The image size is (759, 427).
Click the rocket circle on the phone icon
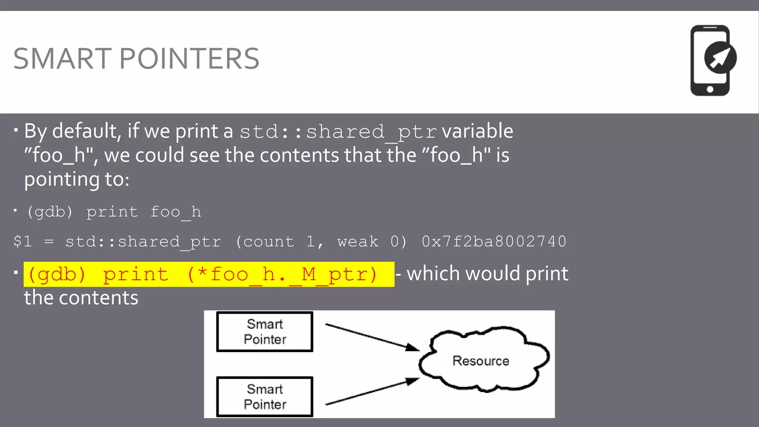pyautogui.click(x=720, y=58)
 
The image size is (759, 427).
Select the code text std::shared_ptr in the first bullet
pyautogui.click(x=338, y=132)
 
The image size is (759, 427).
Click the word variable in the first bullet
pyautogui.click(x=477, y=131)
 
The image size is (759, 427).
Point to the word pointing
pyautogui.click(x=62, y=179)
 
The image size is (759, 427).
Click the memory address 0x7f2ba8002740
pyautogui.click(x=494, y=242)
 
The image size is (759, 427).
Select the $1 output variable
pyautogui.click(x=23, y=242)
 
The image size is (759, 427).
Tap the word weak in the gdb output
pyautogui.click(x=358, y=242)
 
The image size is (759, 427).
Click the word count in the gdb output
pyautogui.click(x=269, y=242)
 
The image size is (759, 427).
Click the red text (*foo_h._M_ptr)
pyautogui.click(x=282, y=275)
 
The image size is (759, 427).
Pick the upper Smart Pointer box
pyautogui.click(x=265, y=332)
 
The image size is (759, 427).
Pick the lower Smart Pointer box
pyautogui.click(x=265, y=397)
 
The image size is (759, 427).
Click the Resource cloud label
pyautogui.click(x=481, y=361)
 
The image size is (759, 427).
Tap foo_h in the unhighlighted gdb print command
pyautogui.click(x=175, y=212)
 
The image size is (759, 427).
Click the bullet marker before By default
pyautogui.click(x=16, y=130)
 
